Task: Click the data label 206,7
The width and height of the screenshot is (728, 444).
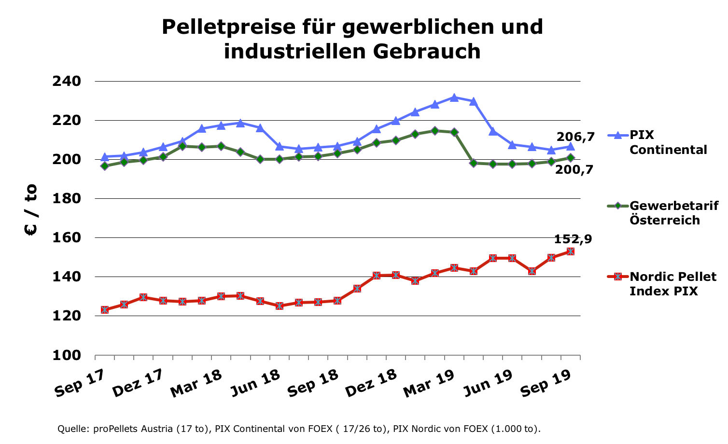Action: [575, 137]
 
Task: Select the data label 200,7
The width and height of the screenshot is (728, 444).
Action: [574, 169]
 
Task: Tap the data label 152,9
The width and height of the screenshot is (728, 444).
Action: [573, 239]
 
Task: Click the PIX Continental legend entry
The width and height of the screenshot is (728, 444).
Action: [668, 142]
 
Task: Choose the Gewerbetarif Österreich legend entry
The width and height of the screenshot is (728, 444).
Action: [673, 213]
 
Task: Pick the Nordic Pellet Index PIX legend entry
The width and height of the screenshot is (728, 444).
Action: [672, 284]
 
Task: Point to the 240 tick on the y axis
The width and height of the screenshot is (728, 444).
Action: [67, 81]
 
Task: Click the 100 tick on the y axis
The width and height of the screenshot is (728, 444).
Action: [67, 355]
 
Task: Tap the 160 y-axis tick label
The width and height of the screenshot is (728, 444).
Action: [67, 238]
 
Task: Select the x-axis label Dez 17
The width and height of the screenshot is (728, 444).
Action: [137, 383]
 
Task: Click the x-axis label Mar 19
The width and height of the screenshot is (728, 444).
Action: [429, 383]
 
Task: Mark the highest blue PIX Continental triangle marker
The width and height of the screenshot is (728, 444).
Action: [454, 97]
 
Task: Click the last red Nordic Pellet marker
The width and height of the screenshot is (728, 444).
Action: [570, 251]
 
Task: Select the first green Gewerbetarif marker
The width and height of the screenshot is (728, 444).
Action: [104, 166]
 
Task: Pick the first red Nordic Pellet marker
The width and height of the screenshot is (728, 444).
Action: [104, 310]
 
